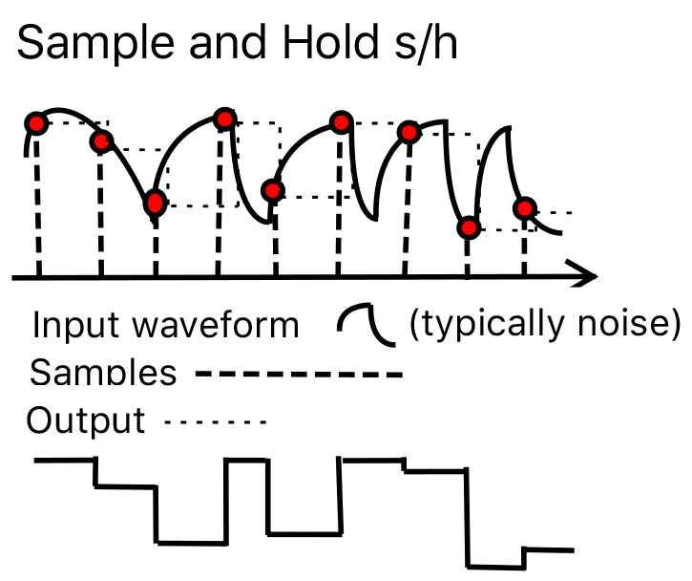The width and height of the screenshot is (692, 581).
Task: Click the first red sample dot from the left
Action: (x=35, y=123)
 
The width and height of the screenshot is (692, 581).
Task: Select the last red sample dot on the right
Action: (x=523, y=207)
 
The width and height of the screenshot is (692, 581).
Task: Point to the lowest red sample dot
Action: (x=468, y=228)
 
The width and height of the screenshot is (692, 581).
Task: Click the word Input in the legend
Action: (x=67, y=326)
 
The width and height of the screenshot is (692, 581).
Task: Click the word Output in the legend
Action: (x=86, y=420)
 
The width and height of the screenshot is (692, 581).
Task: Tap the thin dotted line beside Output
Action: (x=215, y=420)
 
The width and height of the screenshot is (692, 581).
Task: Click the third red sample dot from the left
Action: (x=155, y=203)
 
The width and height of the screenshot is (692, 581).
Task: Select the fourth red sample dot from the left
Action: (x=224, y=118)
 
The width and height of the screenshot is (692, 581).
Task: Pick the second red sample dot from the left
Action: (x=101, y=142)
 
